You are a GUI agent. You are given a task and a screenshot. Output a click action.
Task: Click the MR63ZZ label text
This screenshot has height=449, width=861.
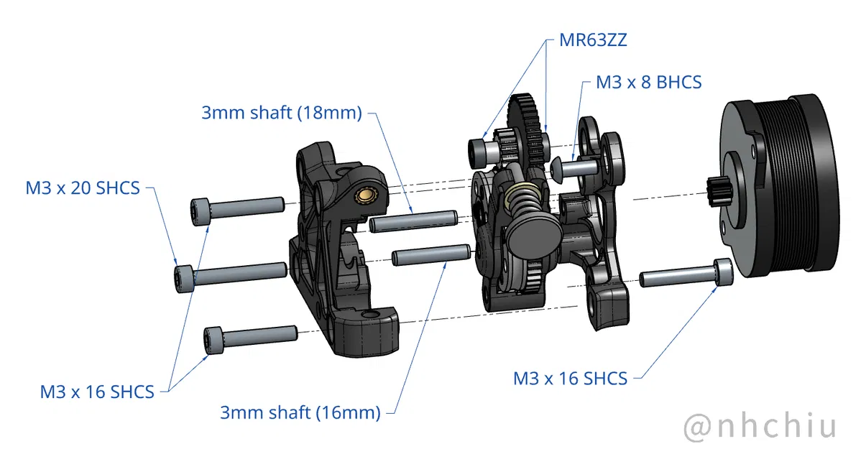click(593, 40)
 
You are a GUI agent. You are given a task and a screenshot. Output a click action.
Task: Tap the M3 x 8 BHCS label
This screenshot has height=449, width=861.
click(648, 82)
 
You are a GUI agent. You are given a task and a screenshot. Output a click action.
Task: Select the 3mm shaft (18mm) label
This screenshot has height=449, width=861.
click(281, 113)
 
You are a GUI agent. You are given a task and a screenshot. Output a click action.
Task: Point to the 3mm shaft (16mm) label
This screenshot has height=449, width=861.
click(300, 412)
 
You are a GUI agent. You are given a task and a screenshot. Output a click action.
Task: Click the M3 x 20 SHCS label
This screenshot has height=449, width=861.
click(83, 188)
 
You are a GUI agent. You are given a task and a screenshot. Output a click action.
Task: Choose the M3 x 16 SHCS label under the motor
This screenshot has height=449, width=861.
click(570, 378)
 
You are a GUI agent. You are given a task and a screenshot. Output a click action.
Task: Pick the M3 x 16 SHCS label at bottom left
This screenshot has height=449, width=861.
click(97, 392)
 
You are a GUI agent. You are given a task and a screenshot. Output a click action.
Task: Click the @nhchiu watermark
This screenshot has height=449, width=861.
click(760, 425)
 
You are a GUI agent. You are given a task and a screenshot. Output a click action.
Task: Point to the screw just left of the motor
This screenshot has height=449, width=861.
click(686, 274)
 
